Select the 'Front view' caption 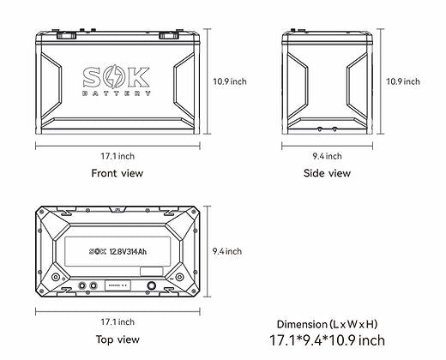[x=117, y=173]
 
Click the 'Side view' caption [x=327, y=173]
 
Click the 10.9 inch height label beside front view [x=230, y=81]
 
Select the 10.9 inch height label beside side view [x=403, y=81]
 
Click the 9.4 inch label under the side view [x=327, y=156]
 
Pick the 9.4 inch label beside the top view [x=226, y=251]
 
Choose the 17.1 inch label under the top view [x=117, y=322]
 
